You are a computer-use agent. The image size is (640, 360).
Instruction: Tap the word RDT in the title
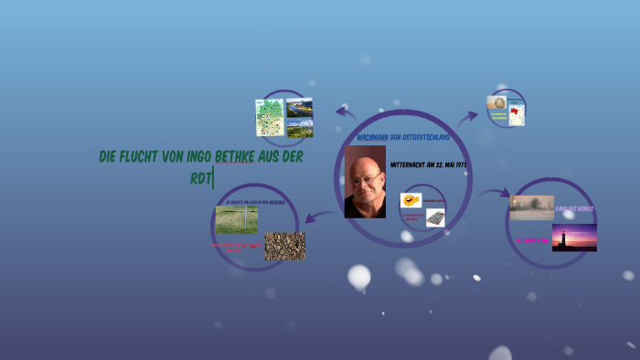(x=200, y=177)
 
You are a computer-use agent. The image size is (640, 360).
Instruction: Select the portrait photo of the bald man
(x=365, y=182)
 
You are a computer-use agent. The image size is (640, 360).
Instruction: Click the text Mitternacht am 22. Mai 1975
(x=429, y=164)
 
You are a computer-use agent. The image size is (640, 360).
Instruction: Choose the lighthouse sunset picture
(x=574, y=238)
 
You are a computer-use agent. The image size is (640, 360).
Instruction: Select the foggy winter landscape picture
(x=531, y=207)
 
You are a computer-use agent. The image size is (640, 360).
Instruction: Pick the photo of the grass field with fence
(x=236, y=220)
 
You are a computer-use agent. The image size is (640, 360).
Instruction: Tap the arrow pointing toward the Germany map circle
(x=346, y=112)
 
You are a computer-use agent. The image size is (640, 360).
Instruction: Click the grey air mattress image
(x=435, y=217)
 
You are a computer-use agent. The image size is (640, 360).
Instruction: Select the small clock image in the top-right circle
(x=496, y=102)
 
